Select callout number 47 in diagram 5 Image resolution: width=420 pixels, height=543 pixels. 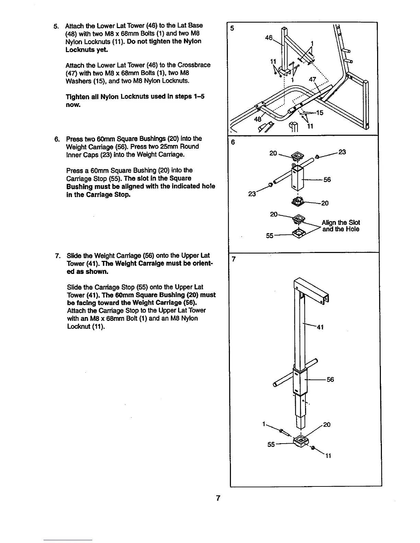coord(313,80)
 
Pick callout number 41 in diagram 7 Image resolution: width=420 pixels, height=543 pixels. coord(320,327)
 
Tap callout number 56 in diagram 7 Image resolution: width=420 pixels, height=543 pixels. coord(330,379)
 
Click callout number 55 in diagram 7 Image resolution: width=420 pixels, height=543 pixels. coord(271,445)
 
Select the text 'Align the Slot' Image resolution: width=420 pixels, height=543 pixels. coord(341,222)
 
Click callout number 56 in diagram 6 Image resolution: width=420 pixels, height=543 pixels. coord(327,180)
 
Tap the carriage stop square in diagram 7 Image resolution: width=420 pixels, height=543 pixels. coord(301,442)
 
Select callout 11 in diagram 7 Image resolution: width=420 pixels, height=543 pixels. coord(327,456)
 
